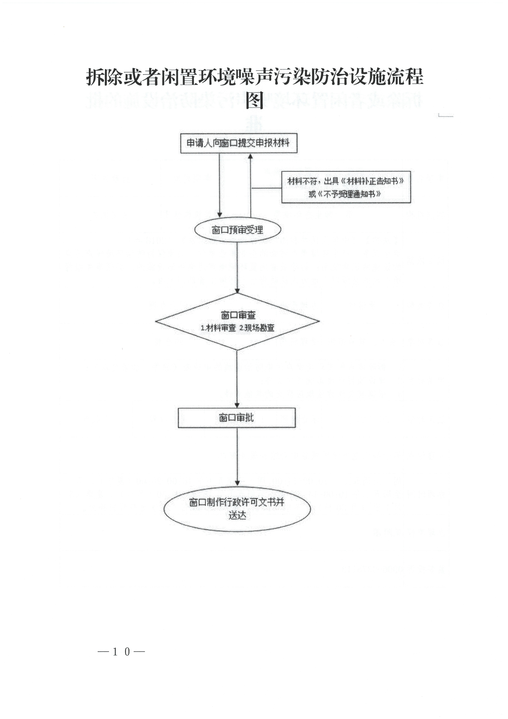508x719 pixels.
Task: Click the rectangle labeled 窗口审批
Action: point(237,418)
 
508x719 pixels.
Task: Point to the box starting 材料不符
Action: point(346,187)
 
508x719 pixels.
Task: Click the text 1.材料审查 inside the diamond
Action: point(218,328)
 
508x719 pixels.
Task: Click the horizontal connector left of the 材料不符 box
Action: point(267,188)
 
